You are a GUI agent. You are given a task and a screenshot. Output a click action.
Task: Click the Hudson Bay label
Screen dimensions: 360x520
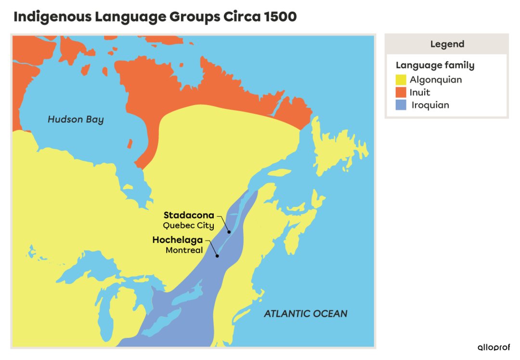(x=76, y=120)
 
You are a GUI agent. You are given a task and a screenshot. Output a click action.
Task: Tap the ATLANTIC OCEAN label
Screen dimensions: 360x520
(x=305, y=314)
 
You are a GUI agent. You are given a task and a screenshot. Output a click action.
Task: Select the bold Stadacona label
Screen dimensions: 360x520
(x=189, y=215)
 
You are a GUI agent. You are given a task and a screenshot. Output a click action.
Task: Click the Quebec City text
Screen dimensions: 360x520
(x=188, y=225)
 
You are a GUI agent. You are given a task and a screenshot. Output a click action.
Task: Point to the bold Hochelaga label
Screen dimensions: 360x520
(x=178, y=240)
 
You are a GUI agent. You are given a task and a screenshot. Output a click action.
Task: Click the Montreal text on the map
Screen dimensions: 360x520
(x=184, y=250)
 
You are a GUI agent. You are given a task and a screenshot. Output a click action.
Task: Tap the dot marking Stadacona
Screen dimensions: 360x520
(x=229, y=232)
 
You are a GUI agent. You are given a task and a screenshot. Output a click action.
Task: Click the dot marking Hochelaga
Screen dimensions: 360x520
(x=218, y=256)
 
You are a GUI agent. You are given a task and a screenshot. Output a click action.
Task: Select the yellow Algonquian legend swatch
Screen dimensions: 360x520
(x=401, y=80)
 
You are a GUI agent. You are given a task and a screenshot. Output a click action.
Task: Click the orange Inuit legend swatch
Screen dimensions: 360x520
(x=401, y=93)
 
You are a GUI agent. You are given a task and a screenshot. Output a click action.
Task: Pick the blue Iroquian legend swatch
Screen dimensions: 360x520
(x=401, y=105)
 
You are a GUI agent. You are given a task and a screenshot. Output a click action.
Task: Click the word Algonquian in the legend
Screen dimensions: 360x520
(x=436, y=80)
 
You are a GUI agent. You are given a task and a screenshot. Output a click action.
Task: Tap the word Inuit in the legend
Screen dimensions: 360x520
(x=420, y=93)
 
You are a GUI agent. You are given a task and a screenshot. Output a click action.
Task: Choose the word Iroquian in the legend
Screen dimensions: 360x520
(x=430, y=105)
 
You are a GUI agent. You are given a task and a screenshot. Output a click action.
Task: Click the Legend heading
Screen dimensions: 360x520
(x=447, y=44)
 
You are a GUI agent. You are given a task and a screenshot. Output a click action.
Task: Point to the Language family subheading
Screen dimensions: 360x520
(x=435, y=66)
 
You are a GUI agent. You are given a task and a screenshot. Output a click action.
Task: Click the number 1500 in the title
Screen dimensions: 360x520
(x=280, y=17)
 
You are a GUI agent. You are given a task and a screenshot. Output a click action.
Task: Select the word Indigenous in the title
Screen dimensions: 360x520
(x=52, y=17)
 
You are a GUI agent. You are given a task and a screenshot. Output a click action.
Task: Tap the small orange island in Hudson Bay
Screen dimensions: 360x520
(x=130, y=144)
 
